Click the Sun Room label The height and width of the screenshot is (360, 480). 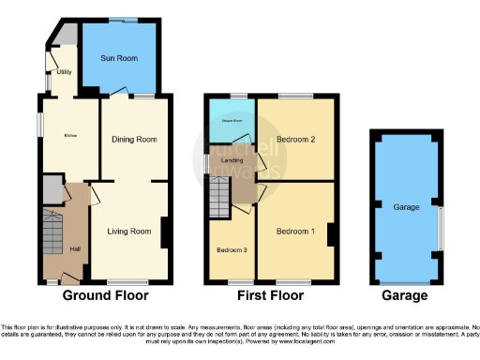[x=120, y=58]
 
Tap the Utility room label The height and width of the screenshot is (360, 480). [x=65, y=70]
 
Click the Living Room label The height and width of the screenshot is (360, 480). [x=129, y=231]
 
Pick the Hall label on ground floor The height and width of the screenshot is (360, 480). [x=77, y=248]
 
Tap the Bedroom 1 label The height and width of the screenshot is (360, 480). [x=295, y=231]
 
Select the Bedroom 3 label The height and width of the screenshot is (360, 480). [x=231, y=249]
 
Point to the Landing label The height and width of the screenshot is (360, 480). [x=232, y=159]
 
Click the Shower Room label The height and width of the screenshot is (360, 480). [x=231, y=120]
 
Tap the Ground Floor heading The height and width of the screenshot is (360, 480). [x=107, y=295]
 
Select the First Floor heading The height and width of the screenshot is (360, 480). [x=271, y=295]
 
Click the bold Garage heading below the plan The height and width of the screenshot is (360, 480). [x=404, y=295]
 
